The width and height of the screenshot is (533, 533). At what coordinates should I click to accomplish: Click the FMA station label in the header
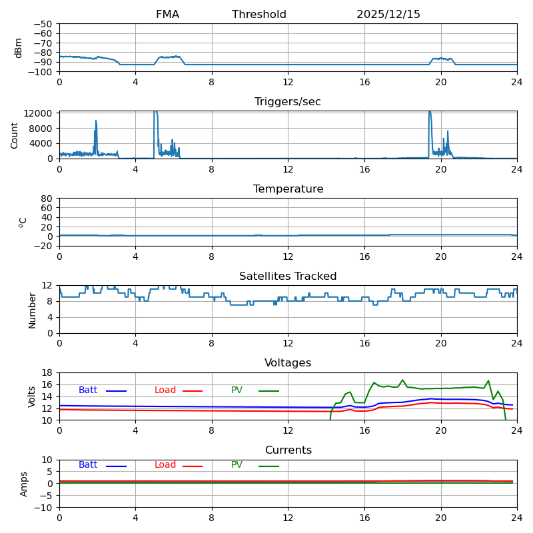[167, 15]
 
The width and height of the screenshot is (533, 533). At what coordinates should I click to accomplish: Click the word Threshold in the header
[259, 15]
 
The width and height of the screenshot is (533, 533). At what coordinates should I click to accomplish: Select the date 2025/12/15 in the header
[388, 15]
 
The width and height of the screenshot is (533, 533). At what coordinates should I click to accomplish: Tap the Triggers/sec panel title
[288, 102]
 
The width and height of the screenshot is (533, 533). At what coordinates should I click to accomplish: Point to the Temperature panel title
[288, 189]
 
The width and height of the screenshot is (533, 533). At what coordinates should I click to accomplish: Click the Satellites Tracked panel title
[288, 276]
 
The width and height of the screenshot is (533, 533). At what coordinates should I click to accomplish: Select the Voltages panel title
[288, 363]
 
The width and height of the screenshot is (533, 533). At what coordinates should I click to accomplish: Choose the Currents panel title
[288, 450]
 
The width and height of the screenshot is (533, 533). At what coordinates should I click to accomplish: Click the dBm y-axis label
[19, 48]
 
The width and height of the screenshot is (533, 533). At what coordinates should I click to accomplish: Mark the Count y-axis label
[15, 135]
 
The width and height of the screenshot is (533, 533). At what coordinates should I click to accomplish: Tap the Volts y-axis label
[32, 396]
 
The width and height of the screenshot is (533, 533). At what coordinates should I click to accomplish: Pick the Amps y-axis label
[24, 484]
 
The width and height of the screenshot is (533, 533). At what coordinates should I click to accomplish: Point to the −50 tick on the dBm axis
[42, 24]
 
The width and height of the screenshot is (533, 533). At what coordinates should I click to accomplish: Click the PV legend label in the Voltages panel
[237, 390]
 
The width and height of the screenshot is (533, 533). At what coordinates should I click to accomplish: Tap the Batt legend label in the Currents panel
[88, 465]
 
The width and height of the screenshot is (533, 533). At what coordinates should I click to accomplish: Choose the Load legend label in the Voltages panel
[165, 390]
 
